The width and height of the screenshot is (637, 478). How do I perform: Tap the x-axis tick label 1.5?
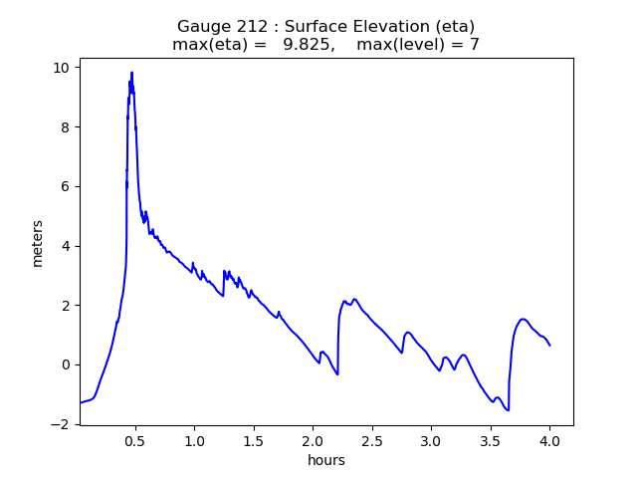[254, 440]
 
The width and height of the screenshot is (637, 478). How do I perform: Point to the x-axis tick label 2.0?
[313, 440]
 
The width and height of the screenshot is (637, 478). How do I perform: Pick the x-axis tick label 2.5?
[372, 440]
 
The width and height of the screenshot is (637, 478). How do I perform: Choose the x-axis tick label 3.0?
[431, 440]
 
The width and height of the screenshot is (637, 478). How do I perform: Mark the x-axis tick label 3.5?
[490, 440]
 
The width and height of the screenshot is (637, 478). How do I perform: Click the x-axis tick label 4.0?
[549, 440]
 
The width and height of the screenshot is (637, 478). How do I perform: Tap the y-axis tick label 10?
[62, 68]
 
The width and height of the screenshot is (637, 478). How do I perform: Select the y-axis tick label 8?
[66, 126]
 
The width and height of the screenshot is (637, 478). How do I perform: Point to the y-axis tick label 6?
[66, 186]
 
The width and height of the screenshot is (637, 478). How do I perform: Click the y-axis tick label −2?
[62, 424]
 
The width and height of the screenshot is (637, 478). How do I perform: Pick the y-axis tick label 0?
[66, 364]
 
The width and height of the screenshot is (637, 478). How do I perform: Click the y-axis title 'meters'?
[38, 242]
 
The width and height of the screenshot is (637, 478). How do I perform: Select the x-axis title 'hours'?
[325, 460]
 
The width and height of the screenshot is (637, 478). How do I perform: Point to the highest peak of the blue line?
[131, 72]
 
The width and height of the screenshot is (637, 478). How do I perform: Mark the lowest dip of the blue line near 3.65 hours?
[509, 410]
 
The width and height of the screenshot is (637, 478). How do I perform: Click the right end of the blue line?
[549, 346]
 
